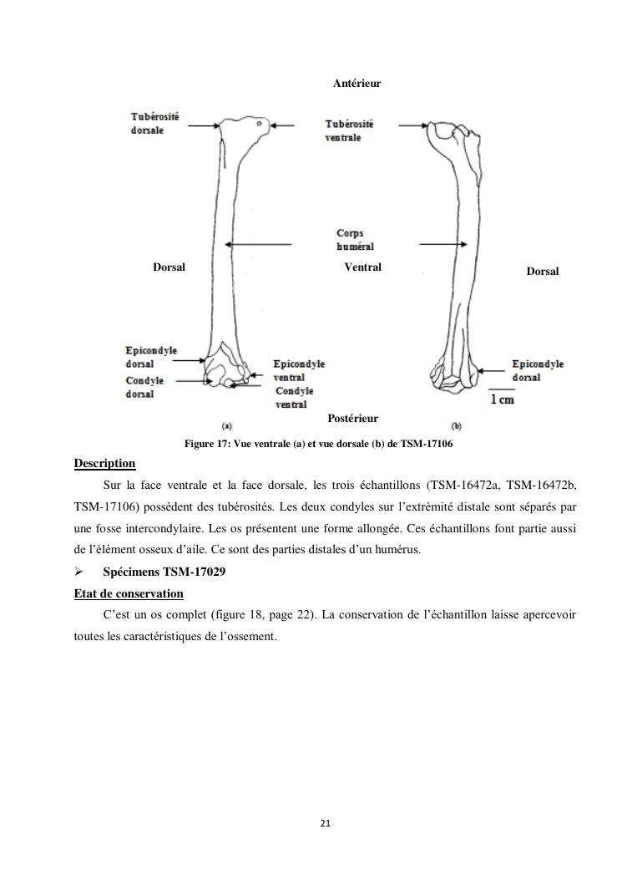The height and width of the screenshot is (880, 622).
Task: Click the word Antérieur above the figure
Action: click(357, 84)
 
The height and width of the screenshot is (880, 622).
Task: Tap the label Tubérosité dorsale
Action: click(154, 124)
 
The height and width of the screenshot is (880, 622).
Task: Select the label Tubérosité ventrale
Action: click(349, 130)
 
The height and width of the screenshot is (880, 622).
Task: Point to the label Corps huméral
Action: click(354, 240)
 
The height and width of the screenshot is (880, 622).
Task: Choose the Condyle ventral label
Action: click(294, 398)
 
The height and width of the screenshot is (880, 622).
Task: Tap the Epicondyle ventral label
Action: click(299, 371)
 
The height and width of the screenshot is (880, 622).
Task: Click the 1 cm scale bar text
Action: click(502, 399)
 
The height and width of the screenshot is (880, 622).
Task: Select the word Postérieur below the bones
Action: click(352, 419)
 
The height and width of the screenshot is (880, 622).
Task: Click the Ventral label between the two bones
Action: click(362, 267)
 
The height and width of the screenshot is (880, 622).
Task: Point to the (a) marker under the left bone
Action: click(226, 425)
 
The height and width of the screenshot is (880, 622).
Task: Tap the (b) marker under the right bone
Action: click(456, 425)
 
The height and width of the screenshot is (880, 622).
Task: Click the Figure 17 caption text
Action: click(318, 444)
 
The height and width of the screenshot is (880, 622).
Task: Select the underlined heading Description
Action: click(104, 464)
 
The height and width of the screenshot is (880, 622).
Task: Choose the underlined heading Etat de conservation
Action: click(129, 593)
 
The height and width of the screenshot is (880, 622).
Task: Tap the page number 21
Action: click(325, 823)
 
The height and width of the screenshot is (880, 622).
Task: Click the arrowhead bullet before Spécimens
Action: click(79, 572)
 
